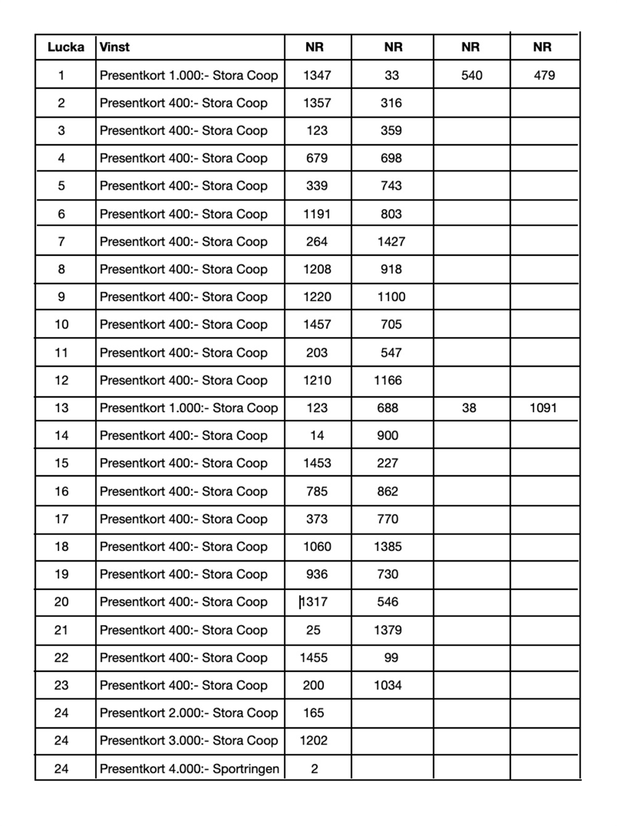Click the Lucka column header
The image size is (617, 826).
point(65,47)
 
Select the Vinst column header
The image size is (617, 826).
point(115,47)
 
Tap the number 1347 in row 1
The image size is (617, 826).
point(317,75)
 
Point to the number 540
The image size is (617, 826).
point(472,75)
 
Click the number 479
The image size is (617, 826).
point(544,75)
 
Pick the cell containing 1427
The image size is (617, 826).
point(391,242)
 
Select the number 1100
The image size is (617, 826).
point(391,296)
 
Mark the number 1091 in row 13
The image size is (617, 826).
point(543,407)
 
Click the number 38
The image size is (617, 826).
point(469,407)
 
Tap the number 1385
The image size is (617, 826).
point(387,546)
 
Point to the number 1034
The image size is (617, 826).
point(387,685)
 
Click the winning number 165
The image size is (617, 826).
point(313,713)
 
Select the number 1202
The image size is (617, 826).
point(313,740)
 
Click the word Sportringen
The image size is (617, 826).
point(246,769)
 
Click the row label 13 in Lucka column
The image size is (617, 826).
point(62,407)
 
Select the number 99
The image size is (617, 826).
point(391,658)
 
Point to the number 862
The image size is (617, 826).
point(387,491)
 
